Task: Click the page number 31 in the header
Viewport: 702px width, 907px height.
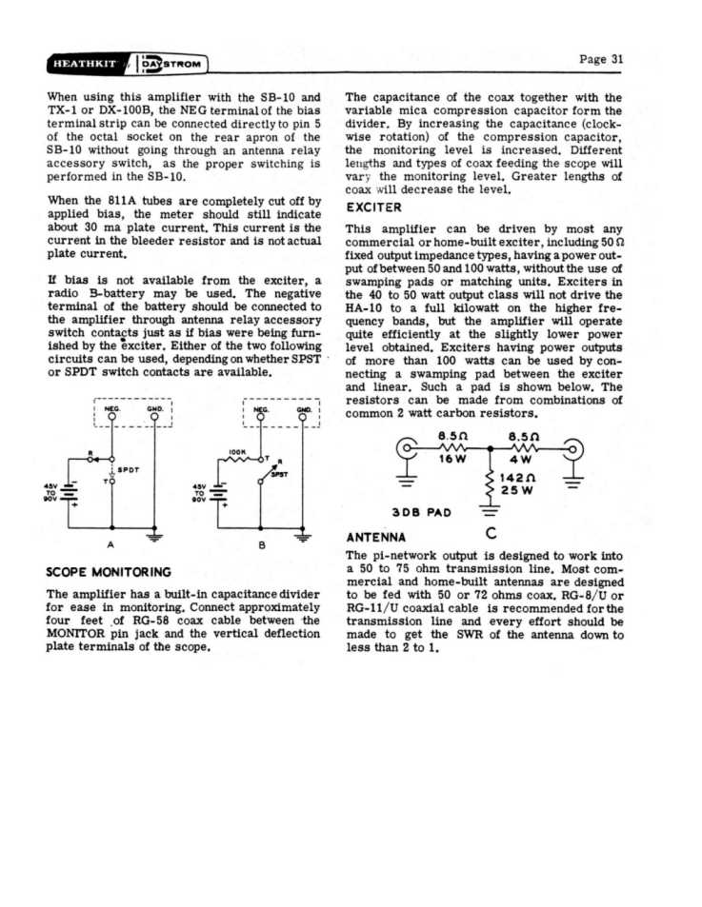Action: pyautogui.click(x=602, y=59)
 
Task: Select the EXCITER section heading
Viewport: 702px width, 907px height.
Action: pyautogui.click(x=373, y=207)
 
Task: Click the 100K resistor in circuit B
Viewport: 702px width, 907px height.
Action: pyautogui.click(x=238, y=460)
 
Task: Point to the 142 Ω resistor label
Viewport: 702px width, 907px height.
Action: pyautogui.click(x=515, y=479)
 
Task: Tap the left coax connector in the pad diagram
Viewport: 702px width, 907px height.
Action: pyautogui.click(x=411, y=446)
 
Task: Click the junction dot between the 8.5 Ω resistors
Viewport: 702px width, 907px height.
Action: pyautogui.click(x=489, y=446)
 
